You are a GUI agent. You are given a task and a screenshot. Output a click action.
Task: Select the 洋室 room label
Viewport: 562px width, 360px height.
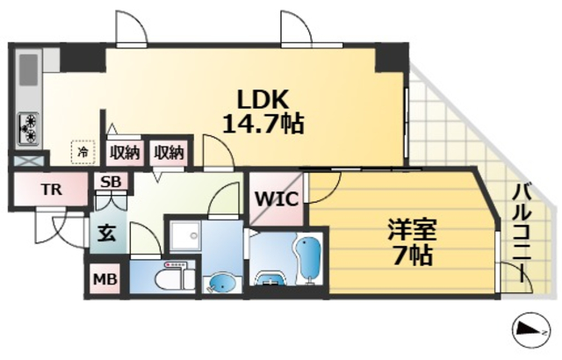[413, 230]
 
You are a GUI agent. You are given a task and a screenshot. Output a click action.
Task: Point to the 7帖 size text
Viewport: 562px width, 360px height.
[413, 256]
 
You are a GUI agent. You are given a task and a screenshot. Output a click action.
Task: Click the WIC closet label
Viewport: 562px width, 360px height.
[275, 198]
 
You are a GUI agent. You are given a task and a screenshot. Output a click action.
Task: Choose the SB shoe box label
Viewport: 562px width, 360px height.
[111, 183]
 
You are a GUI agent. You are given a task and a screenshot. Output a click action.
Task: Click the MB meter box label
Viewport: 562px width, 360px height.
[105, 280]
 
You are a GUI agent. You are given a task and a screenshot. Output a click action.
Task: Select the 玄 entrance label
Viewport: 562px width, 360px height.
[105, 234]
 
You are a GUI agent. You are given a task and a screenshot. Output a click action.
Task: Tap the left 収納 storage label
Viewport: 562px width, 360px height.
[125, 153]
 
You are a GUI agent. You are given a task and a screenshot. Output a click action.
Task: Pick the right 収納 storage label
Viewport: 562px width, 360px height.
[169, 153]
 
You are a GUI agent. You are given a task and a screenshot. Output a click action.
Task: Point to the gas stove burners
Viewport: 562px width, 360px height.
[28, 127]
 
